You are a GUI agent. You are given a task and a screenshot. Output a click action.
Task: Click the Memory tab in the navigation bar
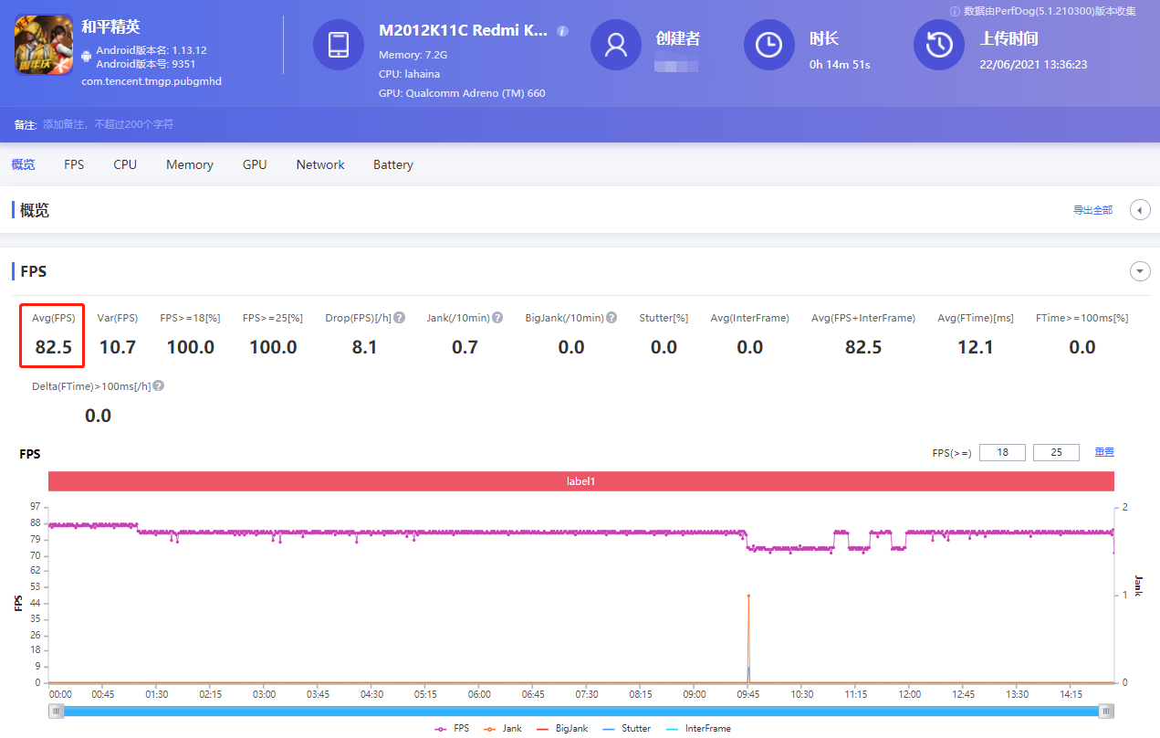click(x=190, y=164)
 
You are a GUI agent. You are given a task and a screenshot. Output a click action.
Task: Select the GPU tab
click(x=255, y=164)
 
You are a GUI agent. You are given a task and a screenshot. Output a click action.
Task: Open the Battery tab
click(x=393, y=164)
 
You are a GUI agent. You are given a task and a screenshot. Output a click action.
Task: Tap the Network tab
click(x=320, y=164)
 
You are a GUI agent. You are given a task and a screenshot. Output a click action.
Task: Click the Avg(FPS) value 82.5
click(x=53, y=347)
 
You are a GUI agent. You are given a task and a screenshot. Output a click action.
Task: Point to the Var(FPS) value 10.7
click(x=117, y=347)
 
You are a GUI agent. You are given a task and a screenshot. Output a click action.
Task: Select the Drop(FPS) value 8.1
click(x=364, y=347)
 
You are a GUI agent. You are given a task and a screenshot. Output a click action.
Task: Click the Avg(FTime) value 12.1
click(x=975, y=347)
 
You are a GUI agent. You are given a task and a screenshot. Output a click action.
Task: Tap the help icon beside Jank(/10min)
click(x=497, y=318)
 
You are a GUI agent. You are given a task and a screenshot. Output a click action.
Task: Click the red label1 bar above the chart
click(x=580, y=480)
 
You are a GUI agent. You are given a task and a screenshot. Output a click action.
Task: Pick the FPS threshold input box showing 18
click(x=1002, y=452)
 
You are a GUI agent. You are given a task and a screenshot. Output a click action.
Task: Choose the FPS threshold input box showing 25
click(x=1056, y=452)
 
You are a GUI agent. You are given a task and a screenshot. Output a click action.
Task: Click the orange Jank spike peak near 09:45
click(x=748, y=596)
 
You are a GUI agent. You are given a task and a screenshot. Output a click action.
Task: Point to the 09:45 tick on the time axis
click(x=748, y=694)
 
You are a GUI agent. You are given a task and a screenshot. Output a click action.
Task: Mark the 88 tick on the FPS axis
click(x=35, y=522)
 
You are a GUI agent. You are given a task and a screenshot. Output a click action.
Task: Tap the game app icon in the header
click(x=44, y=44)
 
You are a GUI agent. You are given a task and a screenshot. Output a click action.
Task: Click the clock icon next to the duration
click(x=768, y=44)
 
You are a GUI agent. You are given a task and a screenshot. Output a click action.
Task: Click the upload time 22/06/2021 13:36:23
click(x=1033, y=65)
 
